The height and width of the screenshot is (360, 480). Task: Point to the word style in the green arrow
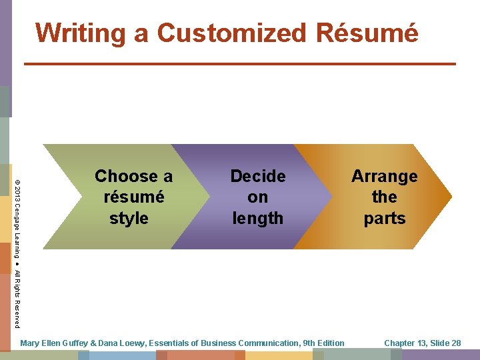point(129,218)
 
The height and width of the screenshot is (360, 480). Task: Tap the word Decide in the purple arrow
point(257,177)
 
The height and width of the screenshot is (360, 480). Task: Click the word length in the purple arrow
point(257,218)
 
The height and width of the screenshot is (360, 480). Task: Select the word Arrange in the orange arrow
point(385,177)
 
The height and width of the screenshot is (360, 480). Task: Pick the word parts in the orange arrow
point(385,218)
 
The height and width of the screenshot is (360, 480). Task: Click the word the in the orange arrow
point(385,197)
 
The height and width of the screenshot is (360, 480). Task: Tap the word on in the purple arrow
point(257,197)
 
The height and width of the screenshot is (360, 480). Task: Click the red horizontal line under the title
point(240,63)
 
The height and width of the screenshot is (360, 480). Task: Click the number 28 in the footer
point(455,343)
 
